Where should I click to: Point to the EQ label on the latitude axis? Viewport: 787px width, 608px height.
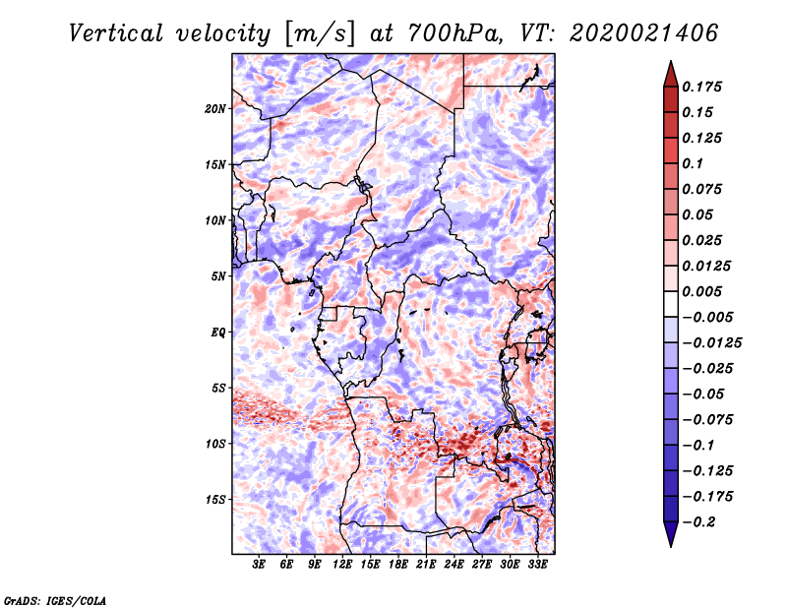click(218, 332)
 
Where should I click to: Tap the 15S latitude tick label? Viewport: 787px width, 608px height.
click(215, 500)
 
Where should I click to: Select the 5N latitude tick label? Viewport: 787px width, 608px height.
click(218, 276)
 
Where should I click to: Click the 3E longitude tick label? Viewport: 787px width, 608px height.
click(260, 566)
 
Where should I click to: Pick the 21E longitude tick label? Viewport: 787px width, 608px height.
click(426, 566)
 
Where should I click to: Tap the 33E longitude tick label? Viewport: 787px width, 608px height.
click(537, 566)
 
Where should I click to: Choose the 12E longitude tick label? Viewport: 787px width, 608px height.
click(342, 566)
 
